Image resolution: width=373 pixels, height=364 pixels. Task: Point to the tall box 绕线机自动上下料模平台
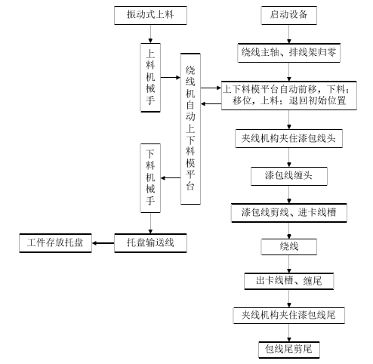coord(191,129)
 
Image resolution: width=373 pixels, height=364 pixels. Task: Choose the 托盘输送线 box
coord(150,242)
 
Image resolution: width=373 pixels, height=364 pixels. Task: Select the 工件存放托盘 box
coord(54,242)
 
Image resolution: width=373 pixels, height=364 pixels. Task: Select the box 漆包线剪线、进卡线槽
coord(288,213)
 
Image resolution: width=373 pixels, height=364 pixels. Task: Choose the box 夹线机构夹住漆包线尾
coord(288,314)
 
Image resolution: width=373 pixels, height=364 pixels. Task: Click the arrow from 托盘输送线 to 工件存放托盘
coord(102,242)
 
